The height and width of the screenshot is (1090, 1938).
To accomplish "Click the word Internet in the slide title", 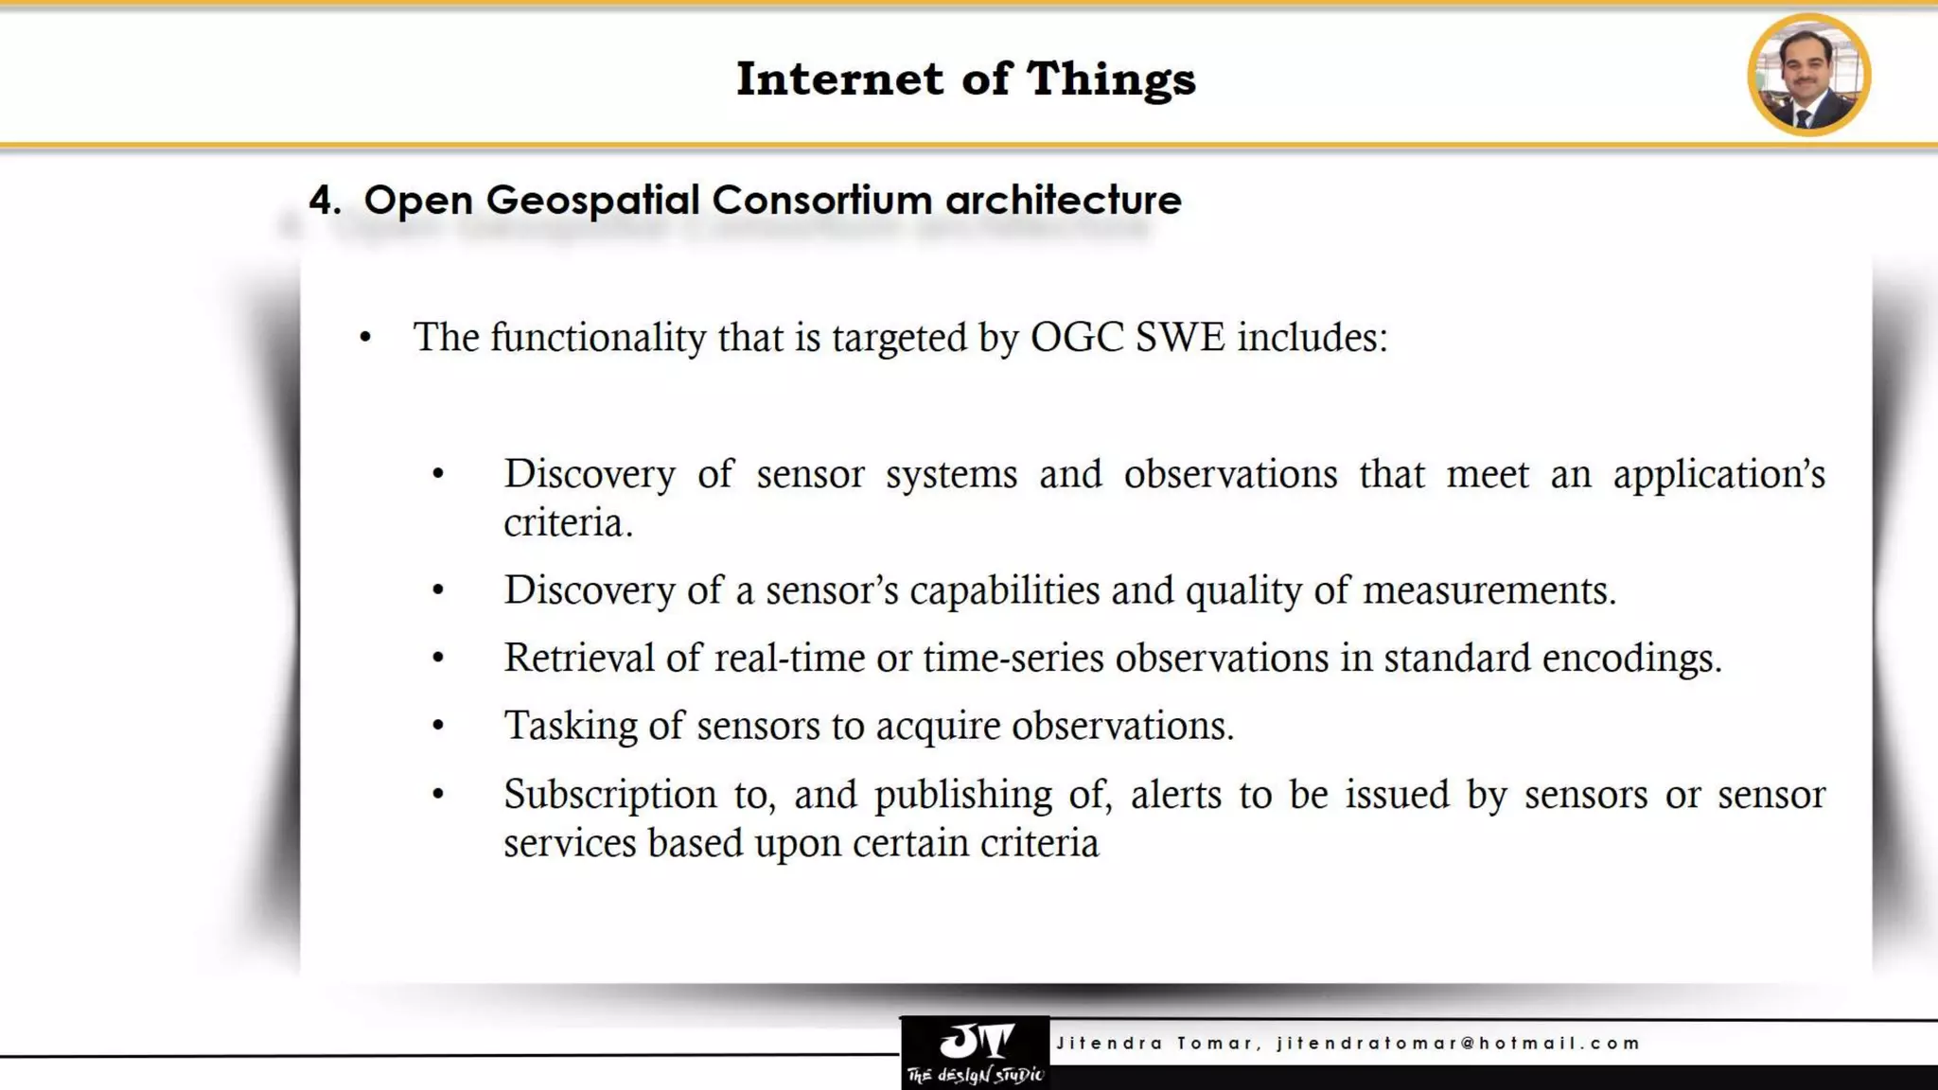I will tap(839, 79).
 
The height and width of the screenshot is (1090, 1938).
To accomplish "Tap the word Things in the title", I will tap(1111, 79).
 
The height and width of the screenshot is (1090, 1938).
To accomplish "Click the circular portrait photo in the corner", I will tap(1808, 75).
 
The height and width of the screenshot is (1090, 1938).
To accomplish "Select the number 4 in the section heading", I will tap(322, 201).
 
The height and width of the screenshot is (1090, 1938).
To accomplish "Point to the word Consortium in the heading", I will tap(821, 201).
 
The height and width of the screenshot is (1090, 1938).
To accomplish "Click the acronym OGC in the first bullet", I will tap(1077, 338).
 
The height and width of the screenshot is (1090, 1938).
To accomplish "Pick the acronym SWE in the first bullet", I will tap(1180, 338).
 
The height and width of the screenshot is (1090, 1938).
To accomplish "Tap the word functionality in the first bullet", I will tap(598, 338).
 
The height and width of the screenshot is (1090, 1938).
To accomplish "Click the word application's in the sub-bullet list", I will tap(1718, 474).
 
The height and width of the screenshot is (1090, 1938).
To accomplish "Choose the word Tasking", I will tap(571, 726).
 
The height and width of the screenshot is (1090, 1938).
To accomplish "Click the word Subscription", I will tap(609, 795).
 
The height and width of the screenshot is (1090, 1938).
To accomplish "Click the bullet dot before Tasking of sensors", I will tap(438, 726).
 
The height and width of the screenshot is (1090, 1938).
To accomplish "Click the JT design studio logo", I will tap(975, 1052).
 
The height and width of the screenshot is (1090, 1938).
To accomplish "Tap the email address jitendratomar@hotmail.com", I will tap(1458, 1043).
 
